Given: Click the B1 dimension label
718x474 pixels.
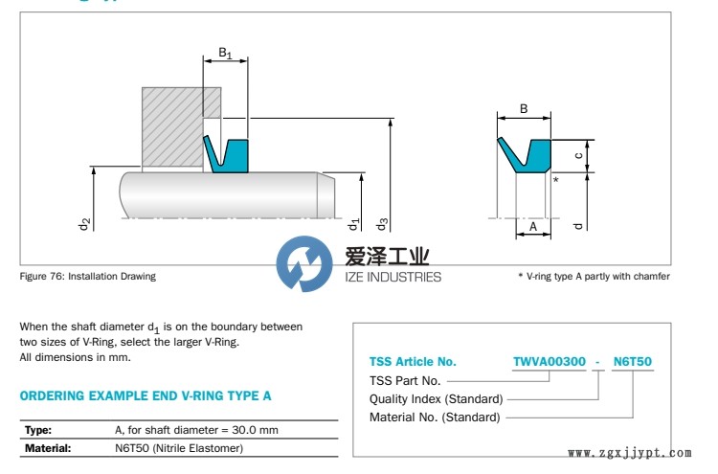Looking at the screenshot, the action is click(x=225, y=53).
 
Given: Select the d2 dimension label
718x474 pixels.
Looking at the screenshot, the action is click(x=84, y=224).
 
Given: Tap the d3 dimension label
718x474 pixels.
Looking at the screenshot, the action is click(x=381, y=224).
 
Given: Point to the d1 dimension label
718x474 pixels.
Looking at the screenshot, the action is click(x=353, y=224).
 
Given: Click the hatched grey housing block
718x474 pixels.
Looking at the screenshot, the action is click(x=173, y=126).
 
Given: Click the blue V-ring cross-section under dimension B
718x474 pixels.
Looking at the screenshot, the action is click(x=526, y=155).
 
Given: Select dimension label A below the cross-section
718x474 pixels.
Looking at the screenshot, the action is click(x=533, y=226).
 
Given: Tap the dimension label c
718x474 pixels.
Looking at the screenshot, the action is click(x=578, y=156).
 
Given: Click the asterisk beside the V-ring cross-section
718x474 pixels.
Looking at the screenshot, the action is click(x=556, y=179).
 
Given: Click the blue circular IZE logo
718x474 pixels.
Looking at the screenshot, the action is click(x=304, y=263).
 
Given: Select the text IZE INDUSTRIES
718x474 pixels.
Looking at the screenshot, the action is click(x=393, y=277).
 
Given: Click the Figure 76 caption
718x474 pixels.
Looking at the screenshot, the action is click(x=87, y=276).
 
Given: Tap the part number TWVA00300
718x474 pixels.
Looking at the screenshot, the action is click(x=550, y=361).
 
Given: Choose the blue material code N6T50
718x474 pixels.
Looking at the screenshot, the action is click(x=633, y=361).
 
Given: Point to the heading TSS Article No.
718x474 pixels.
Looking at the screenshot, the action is click(x=413, y=362).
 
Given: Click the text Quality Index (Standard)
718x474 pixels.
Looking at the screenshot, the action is click(x=436, y=399).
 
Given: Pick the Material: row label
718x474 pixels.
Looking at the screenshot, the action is click(x=48, y=448).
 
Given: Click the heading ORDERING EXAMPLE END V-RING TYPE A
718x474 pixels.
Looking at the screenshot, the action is click(x=146, y=395).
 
